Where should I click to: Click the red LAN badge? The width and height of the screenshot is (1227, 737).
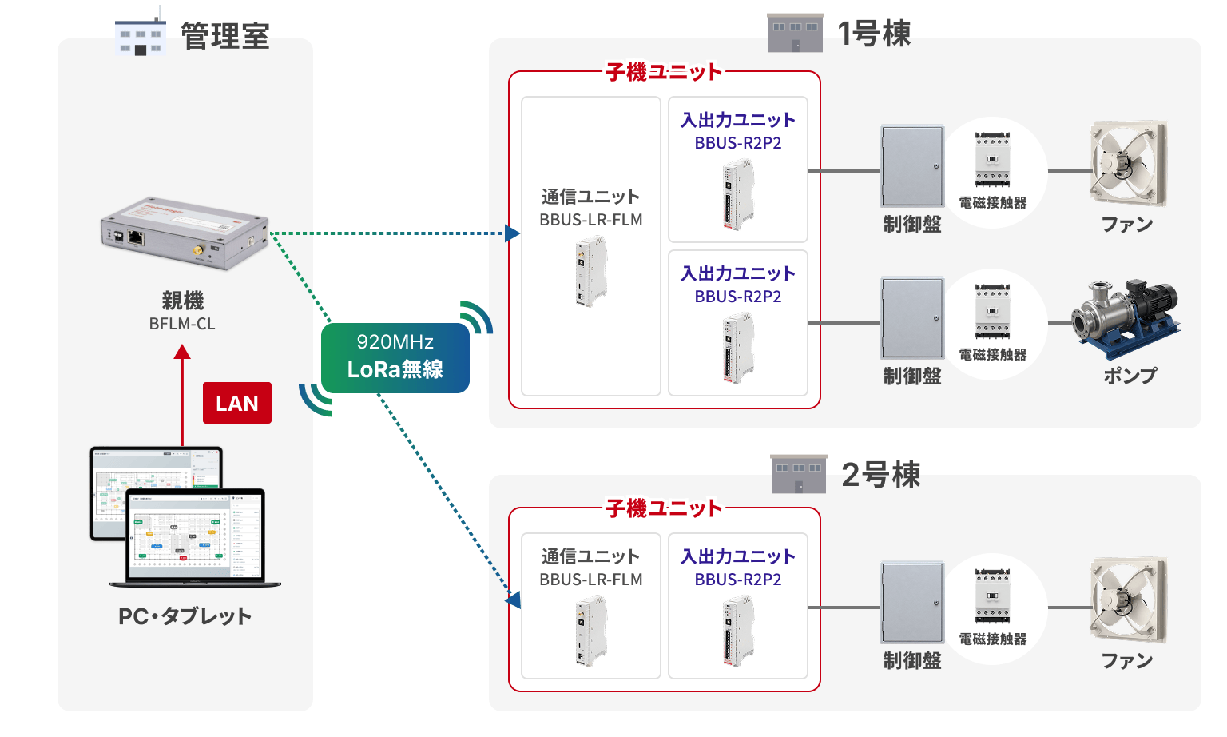tap(236, 403)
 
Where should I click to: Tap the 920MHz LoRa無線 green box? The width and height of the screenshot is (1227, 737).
tap(395, 357)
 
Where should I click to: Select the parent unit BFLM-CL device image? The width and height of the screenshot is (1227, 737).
tap(185, 233)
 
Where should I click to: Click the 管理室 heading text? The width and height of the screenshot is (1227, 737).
tap(225, 36)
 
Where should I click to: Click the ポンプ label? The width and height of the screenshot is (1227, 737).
tap(1129, 376)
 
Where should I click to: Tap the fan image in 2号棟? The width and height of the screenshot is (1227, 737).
tap(1128, 600)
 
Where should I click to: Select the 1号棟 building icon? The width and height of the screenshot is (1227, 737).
tap(796, 33)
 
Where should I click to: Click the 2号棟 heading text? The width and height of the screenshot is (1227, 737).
tap(881, 475)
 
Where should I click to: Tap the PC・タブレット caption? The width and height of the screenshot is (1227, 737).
tap(185, 616)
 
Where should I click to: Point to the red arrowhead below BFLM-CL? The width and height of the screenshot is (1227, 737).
tap(182, 352)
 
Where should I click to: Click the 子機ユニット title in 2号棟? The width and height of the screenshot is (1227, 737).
tap(664, 508)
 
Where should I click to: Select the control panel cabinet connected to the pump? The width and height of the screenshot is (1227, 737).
tap(912, 318)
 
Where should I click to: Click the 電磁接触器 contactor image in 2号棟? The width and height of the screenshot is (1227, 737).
tap(992, 596)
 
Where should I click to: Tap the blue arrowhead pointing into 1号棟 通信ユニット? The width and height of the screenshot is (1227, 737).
tap(512, 233)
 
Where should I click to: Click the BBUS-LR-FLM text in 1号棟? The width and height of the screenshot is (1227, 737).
tap(591, 220)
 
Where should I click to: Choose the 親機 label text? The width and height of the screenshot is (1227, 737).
tap(182, 301)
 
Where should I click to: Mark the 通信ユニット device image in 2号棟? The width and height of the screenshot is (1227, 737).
tap(591, 631)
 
